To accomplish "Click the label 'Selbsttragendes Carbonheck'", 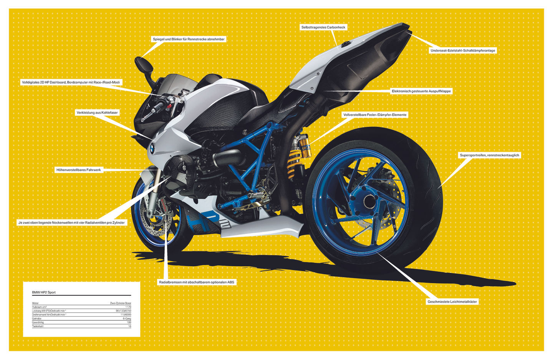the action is point(323,27).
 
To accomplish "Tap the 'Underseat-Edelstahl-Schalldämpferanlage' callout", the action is point(463,50).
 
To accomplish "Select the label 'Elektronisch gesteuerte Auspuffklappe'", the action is point(421,91).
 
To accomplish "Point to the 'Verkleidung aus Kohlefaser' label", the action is point(97,113).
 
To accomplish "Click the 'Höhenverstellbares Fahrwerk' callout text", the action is point(79,170).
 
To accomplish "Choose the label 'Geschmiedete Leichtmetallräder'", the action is point(452,302).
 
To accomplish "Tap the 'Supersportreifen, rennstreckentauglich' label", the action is point(489,155).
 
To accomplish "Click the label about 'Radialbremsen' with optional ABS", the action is point(196,282).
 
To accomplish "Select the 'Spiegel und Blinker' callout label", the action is point(189,39).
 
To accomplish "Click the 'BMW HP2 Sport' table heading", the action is point(44,292).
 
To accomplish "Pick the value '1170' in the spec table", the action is point(128,307).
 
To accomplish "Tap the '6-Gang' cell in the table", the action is point(127,319).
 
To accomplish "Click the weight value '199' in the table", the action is point(129,322).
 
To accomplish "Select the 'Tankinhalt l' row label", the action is point(38,326).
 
